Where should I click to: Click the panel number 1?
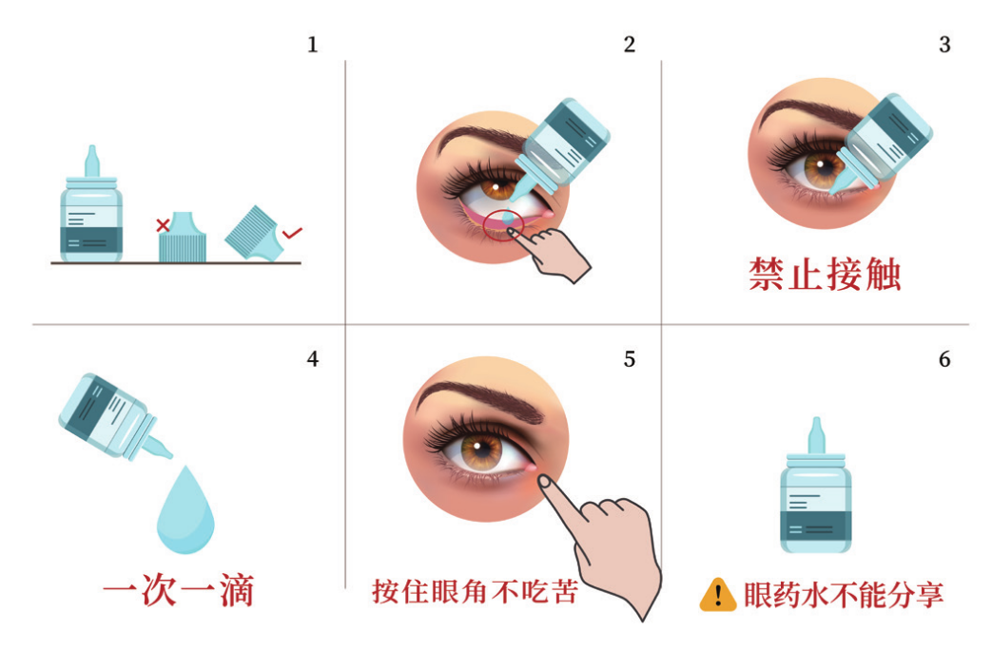[x=312, y=45]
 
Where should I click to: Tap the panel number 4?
[x=312, y=359]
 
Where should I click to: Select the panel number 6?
[x=943, y=359]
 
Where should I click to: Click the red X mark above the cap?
[x=163, y=225]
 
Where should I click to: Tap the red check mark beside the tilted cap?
[x=293, y=231]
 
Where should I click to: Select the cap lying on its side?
[x=251, y=233]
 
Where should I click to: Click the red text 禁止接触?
[x=825, y=274]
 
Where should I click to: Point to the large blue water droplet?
[x=185, y=508]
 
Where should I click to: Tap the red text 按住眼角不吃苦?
[x=474, y=592]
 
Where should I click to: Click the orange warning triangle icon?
[x=718, y=595]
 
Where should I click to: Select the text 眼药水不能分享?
[x=843, y=596]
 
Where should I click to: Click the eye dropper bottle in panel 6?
[x=815, y=494]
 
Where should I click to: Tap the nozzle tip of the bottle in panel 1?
[x=91, y=153]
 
